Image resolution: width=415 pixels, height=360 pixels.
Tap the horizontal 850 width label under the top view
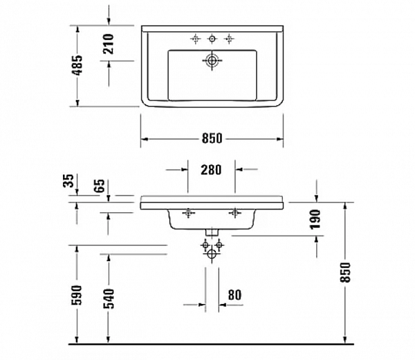coord(212,138)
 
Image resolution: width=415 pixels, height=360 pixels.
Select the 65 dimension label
coord(100,184)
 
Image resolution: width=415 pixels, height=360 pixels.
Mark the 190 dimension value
coord(316,218)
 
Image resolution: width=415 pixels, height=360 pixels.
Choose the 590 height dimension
coord(77,294)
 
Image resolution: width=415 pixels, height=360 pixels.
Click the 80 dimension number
coord(234,294)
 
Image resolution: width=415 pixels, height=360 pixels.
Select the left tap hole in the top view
coord(196,37)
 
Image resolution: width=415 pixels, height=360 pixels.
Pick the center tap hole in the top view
coord(212,37)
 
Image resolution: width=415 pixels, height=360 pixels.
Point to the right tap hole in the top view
coord(228,37)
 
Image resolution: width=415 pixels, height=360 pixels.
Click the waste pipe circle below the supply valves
coord(212,256)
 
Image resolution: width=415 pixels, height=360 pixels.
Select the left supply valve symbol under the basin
coord(205,244)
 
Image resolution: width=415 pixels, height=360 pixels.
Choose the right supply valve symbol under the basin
coord(219,244)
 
